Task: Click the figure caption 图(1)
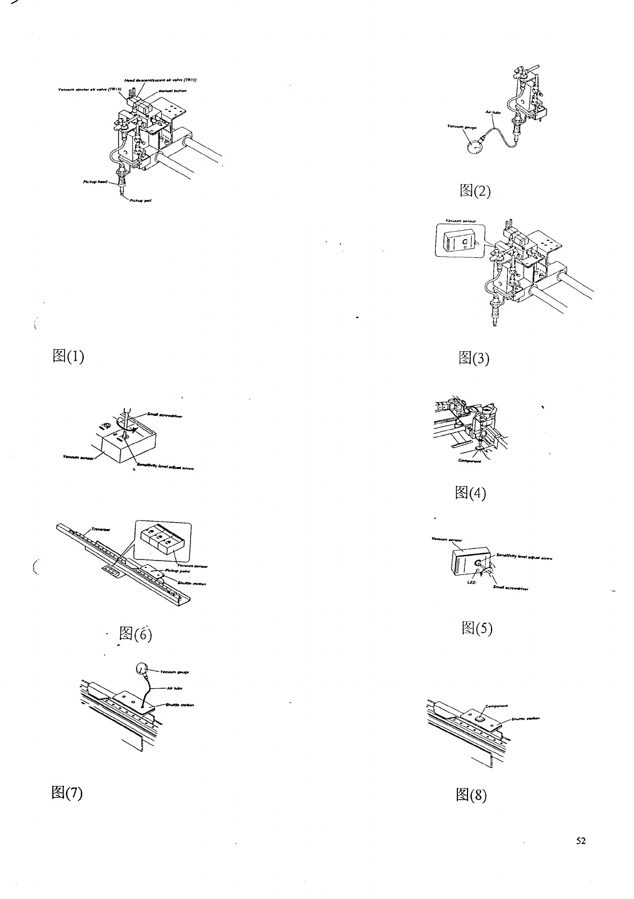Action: click(68, 356)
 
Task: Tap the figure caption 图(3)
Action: click(473, 358)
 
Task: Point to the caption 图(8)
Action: click(471, 795)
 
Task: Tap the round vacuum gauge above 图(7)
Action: click(142, 668)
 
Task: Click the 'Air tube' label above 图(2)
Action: click(492, 112)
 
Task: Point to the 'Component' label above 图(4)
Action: click(470, 461)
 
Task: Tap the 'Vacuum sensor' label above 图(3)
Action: click(457, 220)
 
